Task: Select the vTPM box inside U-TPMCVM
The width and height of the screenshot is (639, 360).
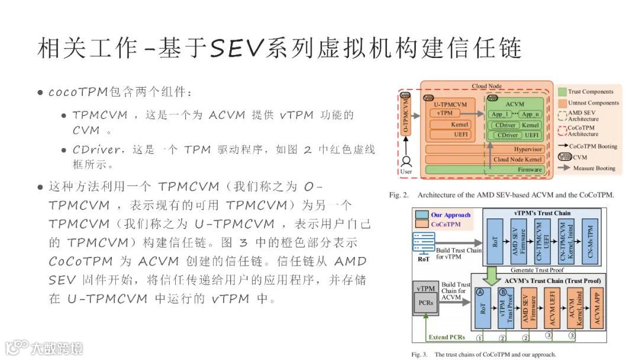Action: [x=446, y=112]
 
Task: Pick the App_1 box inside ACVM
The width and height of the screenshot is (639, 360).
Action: [x=501, y=114]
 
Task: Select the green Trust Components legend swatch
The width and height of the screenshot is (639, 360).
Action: [x=562, y=92]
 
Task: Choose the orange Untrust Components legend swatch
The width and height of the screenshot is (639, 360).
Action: [x=562, y=103]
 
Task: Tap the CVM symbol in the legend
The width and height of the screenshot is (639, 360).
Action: [x=563, y=157]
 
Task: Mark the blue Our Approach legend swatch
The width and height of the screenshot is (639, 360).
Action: [x=422, y=215]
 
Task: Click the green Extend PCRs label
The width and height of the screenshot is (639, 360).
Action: [x=447, y=337]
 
